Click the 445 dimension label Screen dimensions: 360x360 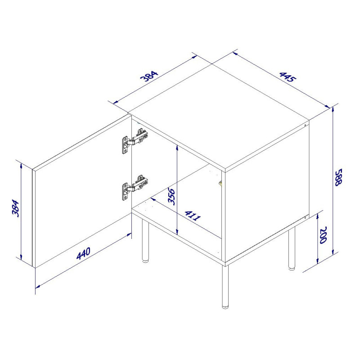pyautogui.click(x=288, y=77)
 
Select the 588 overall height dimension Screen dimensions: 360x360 pyautogui.click(x=339, y=177)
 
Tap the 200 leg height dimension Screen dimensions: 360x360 pyautogui.click(x=323, y=235)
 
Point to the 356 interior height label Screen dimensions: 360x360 pyautogui.click(x=172, y=196)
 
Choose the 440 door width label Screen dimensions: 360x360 pyautogui.click(x=83, y=253)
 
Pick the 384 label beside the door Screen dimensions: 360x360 pyautogui.click(x=16, y=208)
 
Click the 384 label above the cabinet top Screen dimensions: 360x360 pyautogui.click(x=149, y=76)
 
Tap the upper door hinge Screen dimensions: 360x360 pyautogui.click(x=135, y=141)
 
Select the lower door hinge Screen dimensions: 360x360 pyautogui.click(x=135, y=188)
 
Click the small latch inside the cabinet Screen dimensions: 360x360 pyautogui.click(x=220, y=184)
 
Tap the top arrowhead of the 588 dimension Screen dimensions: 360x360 pyautogui.click(x=333, y=110)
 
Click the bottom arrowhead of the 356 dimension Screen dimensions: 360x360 pyautogui.click(x=177, y=231)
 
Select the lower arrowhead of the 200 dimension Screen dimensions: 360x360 pyautogui.click(x=317, y=261)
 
